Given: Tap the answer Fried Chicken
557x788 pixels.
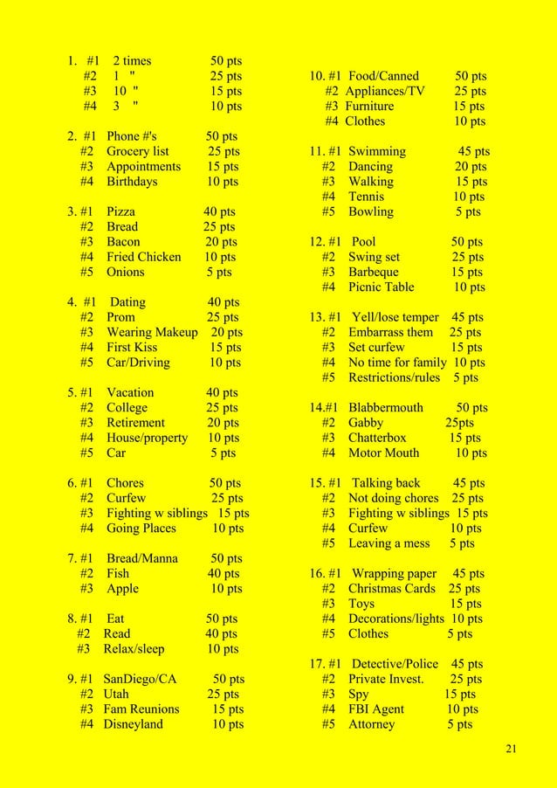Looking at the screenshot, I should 143,257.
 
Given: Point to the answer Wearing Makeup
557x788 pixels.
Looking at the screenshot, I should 152,332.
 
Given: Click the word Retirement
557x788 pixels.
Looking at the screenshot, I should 138,423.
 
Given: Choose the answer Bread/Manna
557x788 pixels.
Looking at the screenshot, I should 141,558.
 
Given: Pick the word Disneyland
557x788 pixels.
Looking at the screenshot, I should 133,724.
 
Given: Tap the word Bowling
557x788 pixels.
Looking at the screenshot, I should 370,211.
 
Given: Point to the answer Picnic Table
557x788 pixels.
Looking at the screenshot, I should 381,287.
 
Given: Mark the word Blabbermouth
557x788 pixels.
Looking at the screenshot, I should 385,408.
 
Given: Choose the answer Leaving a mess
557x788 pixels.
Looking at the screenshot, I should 389,543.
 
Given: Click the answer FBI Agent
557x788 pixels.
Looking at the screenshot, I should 376,709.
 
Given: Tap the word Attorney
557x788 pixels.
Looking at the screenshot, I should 371,724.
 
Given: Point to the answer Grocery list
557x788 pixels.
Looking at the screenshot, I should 138,151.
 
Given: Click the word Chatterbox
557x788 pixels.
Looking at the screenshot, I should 377,438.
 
